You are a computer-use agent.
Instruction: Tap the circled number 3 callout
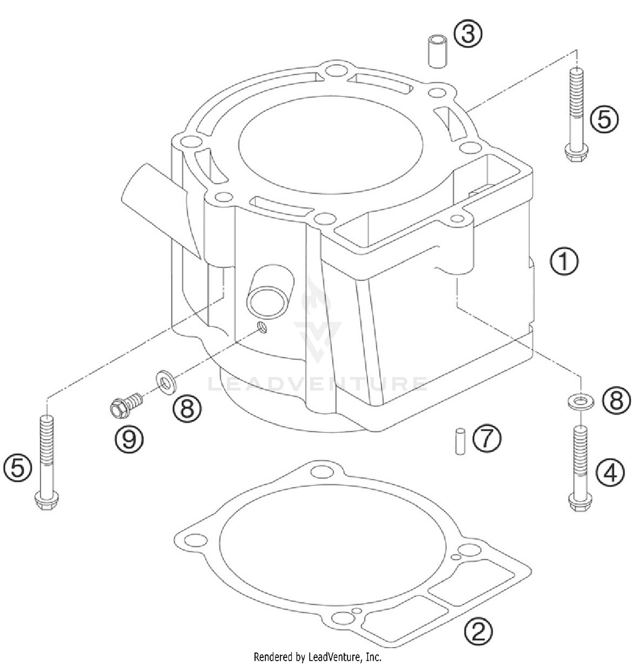coord(468,34)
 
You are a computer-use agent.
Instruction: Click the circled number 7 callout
coord(487,439)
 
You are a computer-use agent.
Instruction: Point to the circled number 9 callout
coord(129,439)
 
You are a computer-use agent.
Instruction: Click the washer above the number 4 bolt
coord(580,401)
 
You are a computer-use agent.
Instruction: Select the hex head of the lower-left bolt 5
coord(46,501)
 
